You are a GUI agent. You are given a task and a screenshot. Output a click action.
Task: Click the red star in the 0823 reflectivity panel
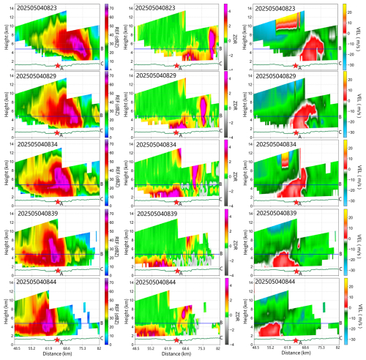[x=58, y=63]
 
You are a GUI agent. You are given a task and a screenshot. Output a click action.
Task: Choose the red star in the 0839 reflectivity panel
[x=58, y=270]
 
